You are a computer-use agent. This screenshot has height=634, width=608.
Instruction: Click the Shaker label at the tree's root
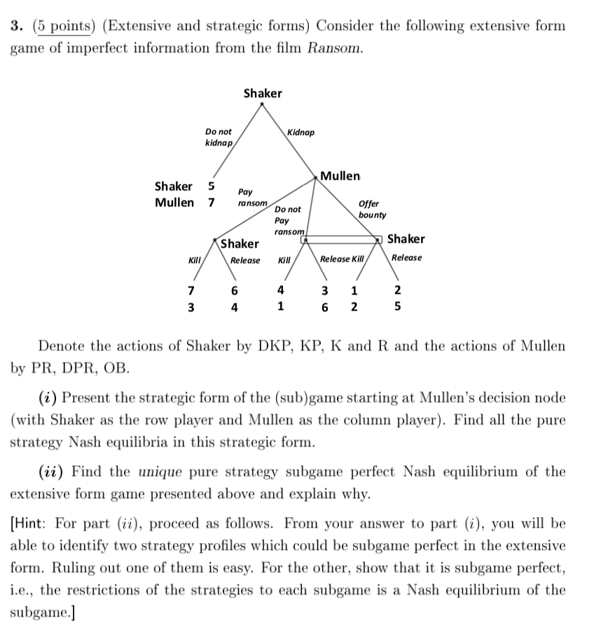point(263,93)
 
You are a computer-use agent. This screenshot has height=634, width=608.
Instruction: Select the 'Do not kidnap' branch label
point(219,137)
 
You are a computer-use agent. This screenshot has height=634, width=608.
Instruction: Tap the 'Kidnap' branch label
point(300,132)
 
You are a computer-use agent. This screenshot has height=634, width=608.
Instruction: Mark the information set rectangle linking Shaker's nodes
point(343,239)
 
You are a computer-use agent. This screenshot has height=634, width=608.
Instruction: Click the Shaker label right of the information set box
point(406,239)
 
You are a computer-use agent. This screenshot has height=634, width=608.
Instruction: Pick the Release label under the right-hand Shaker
point(407,258)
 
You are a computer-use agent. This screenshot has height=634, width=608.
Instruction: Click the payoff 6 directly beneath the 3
point(325,307)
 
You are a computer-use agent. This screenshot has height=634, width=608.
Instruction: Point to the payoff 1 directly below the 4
point(280,306)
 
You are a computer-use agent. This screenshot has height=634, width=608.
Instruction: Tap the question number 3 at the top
point(15,27)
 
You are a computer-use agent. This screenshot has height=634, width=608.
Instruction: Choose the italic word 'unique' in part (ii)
point(192,472)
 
